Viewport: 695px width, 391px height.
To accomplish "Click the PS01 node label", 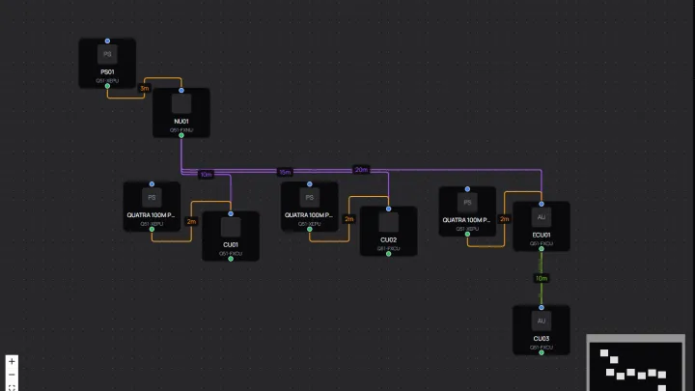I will coord(107,72).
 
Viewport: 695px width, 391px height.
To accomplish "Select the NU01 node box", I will coord(181,112).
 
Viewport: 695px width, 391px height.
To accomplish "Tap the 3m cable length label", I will coord(144,88).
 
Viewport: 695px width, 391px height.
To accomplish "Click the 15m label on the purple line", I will coord(285,172).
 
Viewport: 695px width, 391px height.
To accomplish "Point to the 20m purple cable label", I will coord(361,169).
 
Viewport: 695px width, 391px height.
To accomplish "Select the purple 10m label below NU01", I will coord(206,175).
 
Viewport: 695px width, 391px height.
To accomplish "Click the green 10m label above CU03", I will coord(541,278).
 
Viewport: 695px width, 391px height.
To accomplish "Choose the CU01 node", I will coord(230,235).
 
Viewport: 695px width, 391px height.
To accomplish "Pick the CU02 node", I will coord(388,231).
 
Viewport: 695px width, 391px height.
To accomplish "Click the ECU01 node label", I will coord(541,235).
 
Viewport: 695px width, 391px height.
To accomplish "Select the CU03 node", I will coord(541,329).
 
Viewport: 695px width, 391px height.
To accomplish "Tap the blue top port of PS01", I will coord(107,41).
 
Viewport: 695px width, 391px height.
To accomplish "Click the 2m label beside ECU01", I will coord(504,219).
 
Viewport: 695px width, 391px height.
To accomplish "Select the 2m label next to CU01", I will coord(191,221).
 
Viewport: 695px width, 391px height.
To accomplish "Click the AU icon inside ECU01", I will coord(541,217).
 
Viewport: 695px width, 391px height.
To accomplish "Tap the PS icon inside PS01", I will coord(107,55).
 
